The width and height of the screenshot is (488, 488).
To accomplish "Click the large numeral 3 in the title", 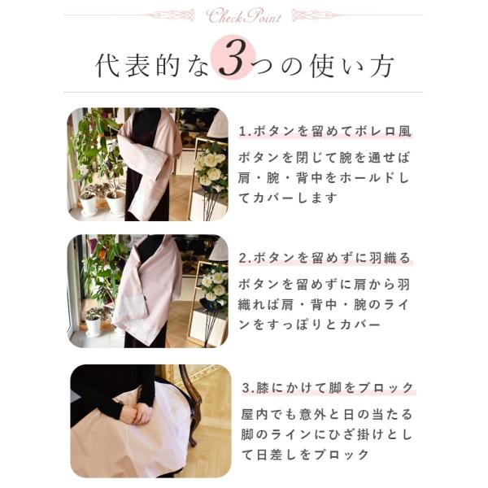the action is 233,58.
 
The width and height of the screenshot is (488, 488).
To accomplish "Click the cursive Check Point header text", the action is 244,16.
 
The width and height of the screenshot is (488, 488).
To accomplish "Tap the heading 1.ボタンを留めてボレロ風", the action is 325,131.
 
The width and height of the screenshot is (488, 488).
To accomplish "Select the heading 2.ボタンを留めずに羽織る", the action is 325,258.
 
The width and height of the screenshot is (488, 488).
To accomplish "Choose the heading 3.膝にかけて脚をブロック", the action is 328,388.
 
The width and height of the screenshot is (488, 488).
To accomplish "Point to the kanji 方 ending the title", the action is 382,66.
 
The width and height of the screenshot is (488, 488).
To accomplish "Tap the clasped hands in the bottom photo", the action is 136,415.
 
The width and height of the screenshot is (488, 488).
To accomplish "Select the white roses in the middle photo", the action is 215,285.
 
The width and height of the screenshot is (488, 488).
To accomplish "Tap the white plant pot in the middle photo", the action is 93,326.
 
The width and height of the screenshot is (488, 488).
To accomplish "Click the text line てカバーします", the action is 288,198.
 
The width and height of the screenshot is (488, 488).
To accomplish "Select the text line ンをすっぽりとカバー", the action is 310,325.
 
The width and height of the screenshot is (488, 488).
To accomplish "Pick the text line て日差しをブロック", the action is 305,455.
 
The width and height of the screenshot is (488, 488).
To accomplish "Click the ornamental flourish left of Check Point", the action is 171,15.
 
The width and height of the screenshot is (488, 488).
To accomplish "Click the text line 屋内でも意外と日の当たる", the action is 327,415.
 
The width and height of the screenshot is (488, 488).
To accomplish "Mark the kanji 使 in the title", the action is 323,66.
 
